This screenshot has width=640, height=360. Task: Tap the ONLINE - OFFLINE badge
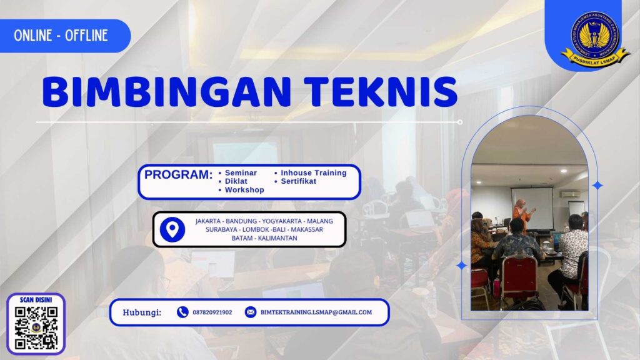click(61, 36)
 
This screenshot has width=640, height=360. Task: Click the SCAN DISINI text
click(36, 300)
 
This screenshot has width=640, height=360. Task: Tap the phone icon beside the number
click(182, 312)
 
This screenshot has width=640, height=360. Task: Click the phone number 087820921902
click(212, 312)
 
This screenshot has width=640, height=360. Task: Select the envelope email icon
click(250, 312)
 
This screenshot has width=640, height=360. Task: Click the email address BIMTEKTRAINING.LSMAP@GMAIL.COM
click(316, 312)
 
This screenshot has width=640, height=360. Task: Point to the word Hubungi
click(142, 312)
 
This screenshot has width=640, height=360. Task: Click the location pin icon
click(172, 229)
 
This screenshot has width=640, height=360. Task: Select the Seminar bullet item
click(240, 172)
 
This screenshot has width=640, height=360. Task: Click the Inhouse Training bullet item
click(313, 172)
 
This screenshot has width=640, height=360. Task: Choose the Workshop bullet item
click(244, 190)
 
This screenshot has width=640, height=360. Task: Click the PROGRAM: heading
click(178, 175)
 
